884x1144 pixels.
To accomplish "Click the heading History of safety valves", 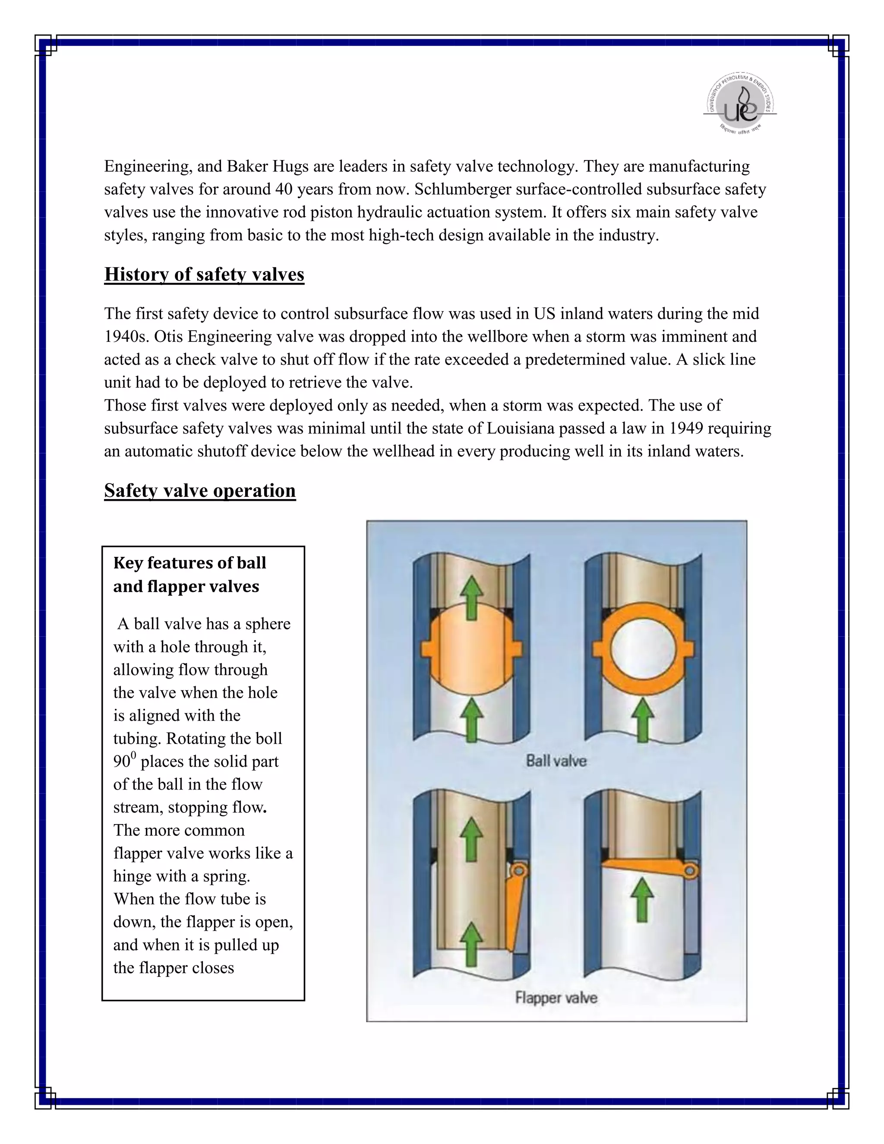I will point(204,275).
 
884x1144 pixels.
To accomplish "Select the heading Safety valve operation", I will point(199,490).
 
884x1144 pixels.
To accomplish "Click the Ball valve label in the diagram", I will point(556,761).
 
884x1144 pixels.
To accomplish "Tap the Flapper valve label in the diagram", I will point(556,997).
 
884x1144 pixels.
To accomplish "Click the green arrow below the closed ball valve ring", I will point(643,720).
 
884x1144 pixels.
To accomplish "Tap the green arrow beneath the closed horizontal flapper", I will point(643,901).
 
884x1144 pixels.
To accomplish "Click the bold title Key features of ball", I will point(189,563).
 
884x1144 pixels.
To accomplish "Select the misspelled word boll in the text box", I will point(268,738).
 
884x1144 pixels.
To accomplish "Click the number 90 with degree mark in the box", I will point(124,761).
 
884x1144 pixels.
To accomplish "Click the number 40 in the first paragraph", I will point(285,189).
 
